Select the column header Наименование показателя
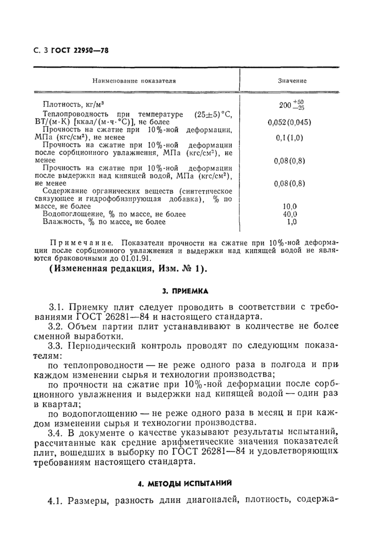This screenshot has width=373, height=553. [134, 81]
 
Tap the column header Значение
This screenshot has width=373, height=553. [291, 81]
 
